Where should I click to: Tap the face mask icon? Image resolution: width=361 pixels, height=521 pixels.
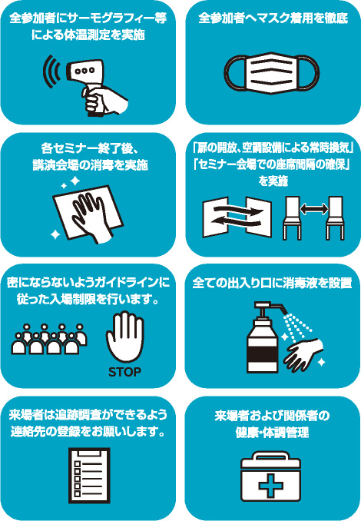tap(272, 73)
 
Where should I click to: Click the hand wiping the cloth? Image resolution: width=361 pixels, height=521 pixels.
tap(90, 216)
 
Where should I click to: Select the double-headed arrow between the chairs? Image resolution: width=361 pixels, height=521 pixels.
tap(314, 209)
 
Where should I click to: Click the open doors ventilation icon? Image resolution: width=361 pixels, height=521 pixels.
tap(237, 217)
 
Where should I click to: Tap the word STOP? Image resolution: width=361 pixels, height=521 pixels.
tap(124, 372)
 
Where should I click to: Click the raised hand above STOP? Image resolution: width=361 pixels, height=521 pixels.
tap(125, 337)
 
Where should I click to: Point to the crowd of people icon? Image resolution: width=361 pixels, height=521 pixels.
tap(49, 339)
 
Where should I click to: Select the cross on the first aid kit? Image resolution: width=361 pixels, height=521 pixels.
tap(270, 486)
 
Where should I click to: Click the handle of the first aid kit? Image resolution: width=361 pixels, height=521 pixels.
tap(270, 456)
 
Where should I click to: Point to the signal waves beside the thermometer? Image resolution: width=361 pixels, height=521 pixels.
tap(51, 71)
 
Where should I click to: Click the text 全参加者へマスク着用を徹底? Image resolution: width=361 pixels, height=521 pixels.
tap(273, 18)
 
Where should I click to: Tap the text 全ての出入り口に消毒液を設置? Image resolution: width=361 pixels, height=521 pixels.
tap(272, 283)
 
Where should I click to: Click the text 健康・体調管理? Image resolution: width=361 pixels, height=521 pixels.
tap(273, 433)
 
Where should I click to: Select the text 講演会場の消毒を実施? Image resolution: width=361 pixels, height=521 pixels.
tap(90, 165)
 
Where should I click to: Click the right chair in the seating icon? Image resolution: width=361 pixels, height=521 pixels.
tap(335, 218)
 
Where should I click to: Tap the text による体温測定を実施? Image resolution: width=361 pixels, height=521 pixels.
tap(88, 35)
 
